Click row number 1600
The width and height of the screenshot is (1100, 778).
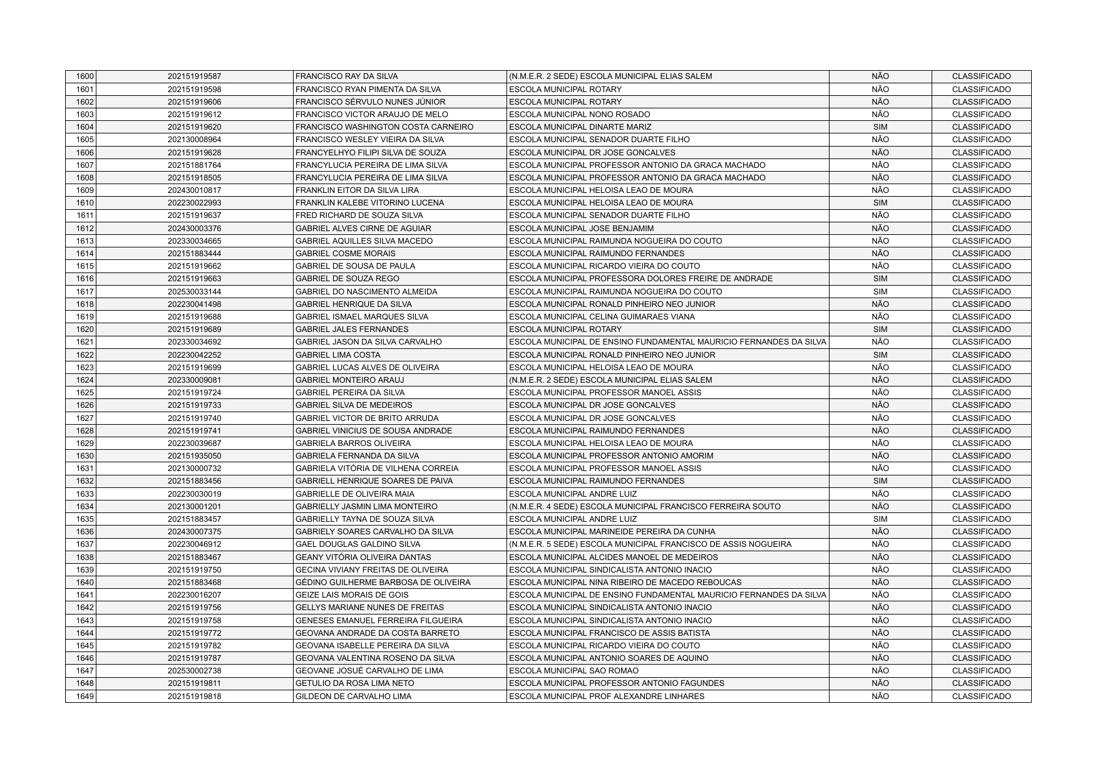[x=85, y=76]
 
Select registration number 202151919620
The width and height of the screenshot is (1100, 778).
[x=194, y=127]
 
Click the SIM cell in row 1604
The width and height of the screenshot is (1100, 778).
[x=880, y=127]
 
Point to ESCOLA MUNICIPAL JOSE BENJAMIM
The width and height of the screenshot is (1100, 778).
[x=581, y=229]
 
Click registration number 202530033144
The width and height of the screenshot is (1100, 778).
[x=194, y=292]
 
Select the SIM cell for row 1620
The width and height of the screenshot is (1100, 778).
[x=880, y=329]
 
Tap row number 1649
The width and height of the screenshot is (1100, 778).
[x=85, y=697]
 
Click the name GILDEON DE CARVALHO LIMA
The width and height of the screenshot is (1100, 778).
[x=353, y=697]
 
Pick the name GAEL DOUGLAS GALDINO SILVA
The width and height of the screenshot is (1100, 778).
[x=357, y=544]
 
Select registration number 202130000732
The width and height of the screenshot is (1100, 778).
[x=194, y=469]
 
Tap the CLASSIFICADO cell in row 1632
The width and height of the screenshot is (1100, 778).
[x=981, y=481]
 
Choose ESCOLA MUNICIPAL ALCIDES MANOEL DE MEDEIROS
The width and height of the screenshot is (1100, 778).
[x=614, y=558]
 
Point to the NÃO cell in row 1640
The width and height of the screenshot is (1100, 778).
[x=880, y=583]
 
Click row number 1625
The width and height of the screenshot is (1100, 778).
[x=85, y=393]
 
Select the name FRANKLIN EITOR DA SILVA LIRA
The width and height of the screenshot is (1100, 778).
[x=357, y=190]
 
